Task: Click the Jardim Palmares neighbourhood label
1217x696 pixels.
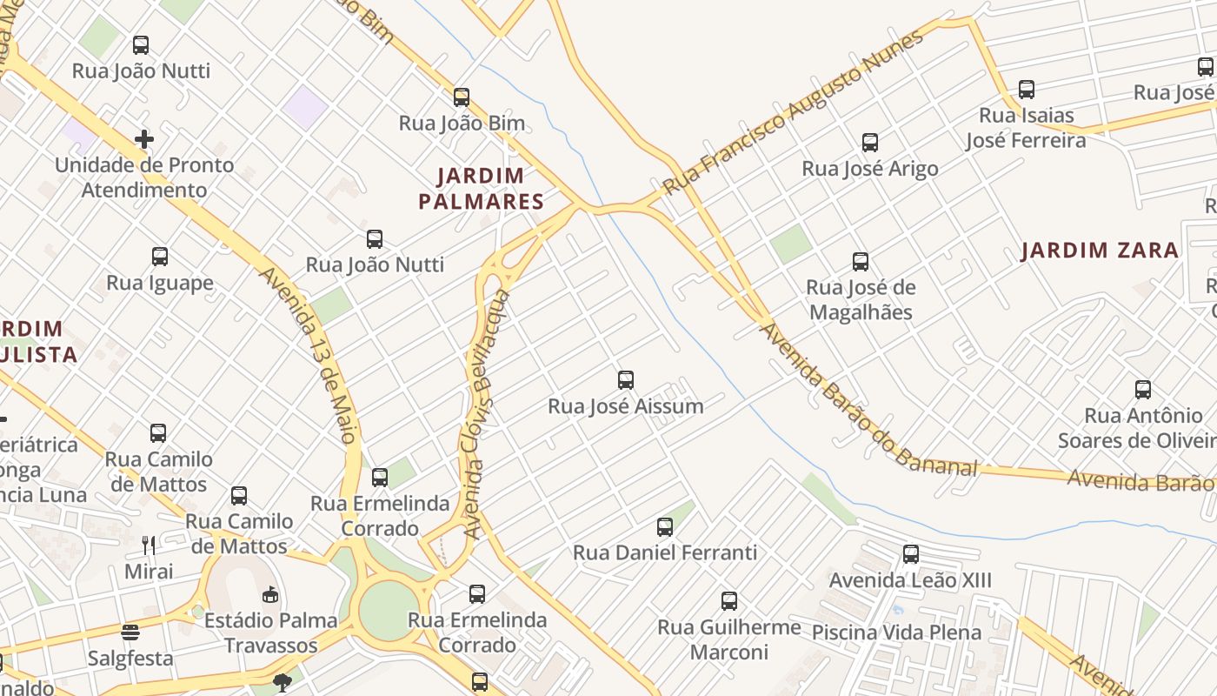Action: [x=481, y=189]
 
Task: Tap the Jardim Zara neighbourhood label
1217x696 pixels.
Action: [x=1100, y=251]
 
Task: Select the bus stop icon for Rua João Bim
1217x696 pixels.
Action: [x=462, y=97]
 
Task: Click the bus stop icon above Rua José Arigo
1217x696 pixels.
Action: [x=869, y=143]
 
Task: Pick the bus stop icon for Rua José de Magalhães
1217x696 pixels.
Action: [x=860, y=261]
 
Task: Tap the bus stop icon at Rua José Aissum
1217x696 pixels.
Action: [x=625, y=379]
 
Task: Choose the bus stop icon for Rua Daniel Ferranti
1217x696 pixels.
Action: [x=665, y=526]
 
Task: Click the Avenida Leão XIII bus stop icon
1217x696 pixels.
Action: [x=910, y=553]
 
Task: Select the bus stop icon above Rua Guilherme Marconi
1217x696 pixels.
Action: [x=728, y=600]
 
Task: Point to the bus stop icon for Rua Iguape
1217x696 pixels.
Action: [x=160, y=256]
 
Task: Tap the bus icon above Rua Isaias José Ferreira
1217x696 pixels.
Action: [x=1026, y=89]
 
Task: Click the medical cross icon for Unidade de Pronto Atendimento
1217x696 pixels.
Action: [x=144, y=138]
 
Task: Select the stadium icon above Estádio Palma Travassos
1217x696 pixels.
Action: [x=270, y=594]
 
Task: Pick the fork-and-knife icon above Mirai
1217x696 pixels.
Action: [x=149, y=545]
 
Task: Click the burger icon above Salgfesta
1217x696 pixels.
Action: [x=130, y=632]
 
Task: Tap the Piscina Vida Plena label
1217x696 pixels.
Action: [x=896, y=632]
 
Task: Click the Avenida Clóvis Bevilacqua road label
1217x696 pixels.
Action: [x=487, y=413]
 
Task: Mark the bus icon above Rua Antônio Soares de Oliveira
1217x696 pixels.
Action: [x=1142, y=389]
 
